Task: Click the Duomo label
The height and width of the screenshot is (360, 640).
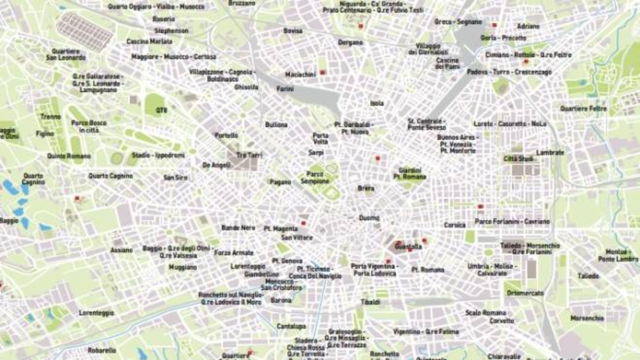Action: (369, 218)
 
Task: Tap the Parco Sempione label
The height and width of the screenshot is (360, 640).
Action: (315, 178)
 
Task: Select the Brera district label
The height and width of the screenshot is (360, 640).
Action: (366, 188)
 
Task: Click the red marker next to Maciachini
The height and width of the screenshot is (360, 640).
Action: (322, 72)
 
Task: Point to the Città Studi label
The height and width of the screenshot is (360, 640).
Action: (518, 159)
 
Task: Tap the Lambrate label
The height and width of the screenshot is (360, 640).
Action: (550, 152)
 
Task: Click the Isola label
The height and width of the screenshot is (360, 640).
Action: (377, 103)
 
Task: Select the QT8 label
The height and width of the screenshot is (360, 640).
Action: (161, 110)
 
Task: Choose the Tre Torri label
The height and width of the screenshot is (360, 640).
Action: (249, 155)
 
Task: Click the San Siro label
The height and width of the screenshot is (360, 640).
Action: (175, 178)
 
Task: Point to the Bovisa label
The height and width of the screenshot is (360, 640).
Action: (293, 31)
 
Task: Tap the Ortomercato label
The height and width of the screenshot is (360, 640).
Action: (525, 293)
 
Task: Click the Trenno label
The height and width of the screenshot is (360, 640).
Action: (51, 117)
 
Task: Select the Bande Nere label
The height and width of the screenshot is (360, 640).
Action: (238, 228)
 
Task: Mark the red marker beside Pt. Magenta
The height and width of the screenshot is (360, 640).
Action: (304, 223)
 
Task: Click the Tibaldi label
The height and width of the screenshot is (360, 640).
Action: (370, 302)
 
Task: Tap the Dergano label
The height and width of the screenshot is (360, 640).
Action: (350, 43)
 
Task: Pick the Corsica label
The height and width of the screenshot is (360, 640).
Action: (455, 225)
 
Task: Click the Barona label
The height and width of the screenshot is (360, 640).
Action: (281, 300)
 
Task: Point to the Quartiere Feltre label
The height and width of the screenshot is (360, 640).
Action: (583, 109)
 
